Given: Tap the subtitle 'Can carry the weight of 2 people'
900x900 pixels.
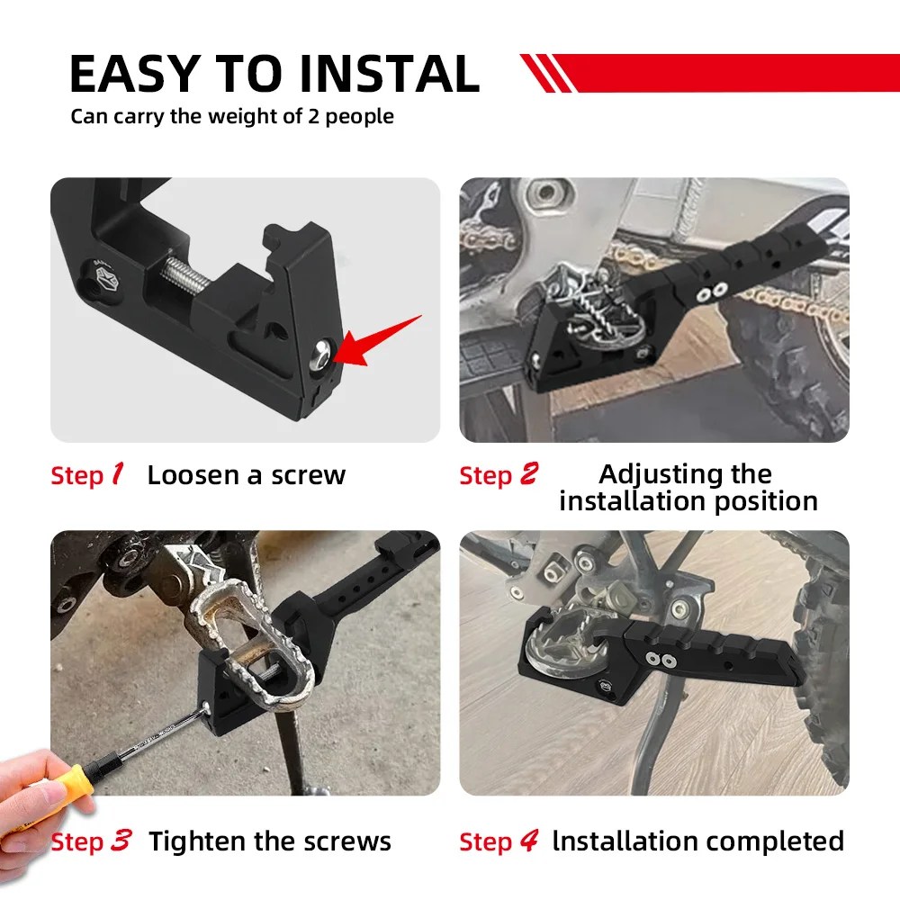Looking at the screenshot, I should (x=232, y=116).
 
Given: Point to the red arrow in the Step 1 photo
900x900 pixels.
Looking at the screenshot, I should (x=378, y=342).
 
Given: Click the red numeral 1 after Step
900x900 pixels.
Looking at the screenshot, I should (x=117, y=474).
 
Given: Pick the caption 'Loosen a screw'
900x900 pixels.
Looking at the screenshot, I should (x=246, y=475).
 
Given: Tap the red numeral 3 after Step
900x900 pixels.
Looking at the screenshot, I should (x=121, y=841).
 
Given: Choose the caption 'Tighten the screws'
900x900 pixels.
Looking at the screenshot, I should (x=270, y=841).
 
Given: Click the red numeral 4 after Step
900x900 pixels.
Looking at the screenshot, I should (x=528, y=841).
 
